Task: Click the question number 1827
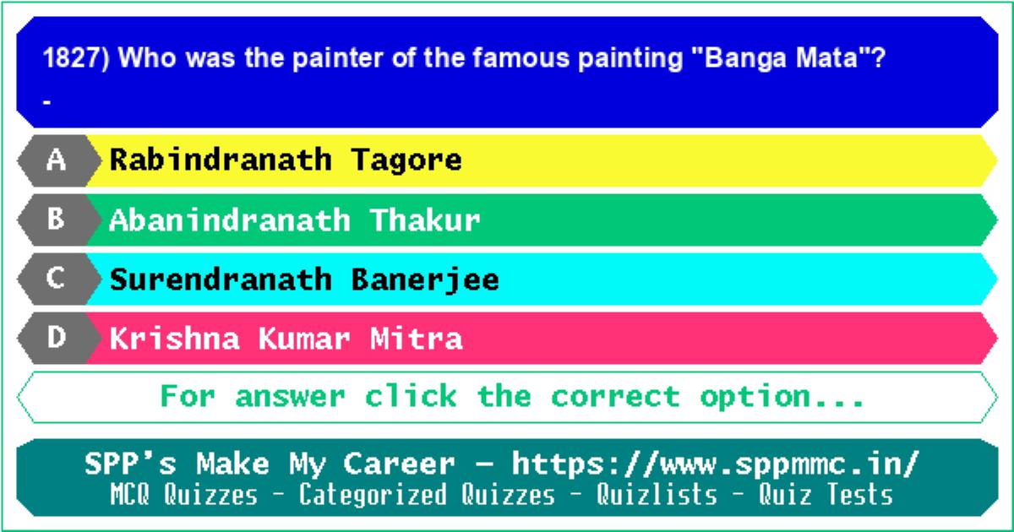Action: pyautogui.click(x=72, y=58)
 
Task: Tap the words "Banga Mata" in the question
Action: pyautogui.click(x=781, y=58)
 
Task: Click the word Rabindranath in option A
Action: pyautogui.click(x=221, y=160)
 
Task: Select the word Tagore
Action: pyautogui.click(x=406, y=161)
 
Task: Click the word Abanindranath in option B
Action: pyautogui.click(x=230, y=220)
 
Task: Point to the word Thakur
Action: pyautogui.click(x=425, y=220)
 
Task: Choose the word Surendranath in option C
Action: pyautogui.click(x=221, y=280)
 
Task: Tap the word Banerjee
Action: pyautogui.click(x=425, y=280)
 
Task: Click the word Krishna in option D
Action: pyautogui.click(x=175, y=339)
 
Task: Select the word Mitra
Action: pyautogui.click(x=416, y=339)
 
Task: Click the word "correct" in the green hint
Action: pyautogui.click(x=616, y=397)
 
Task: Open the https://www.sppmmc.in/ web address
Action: pyautogui.click(x=715, y=464)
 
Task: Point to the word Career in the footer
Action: pyautogui.click(x=399, y=464)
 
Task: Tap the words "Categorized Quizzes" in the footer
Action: pyautogui.click(x=427, y=494)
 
